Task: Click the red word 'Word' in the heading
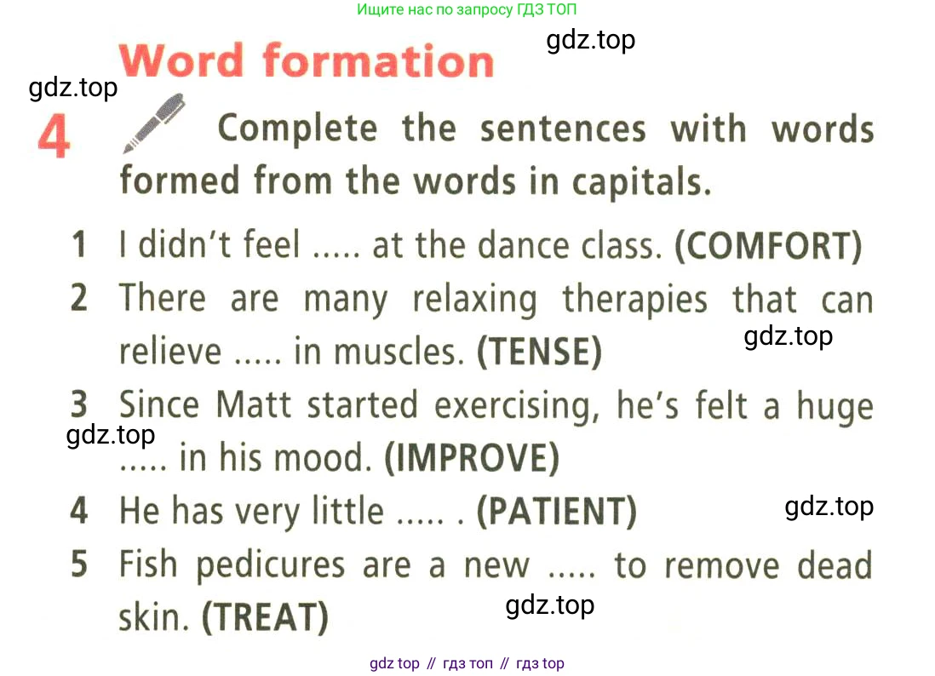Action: coord(182,60)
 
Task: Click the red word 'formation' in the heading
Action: coord(379,60)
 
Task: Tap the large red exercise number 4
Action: coord(54,136)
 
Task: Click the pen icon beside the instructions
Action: coord(154,123)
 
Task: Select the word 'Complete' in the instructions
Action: coord(297,129)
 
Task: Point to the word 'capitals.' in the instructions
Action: coord(642,182)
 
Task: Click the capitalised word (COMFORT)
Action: coord(769,245)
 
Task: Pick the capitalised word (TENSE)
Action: coord(540,352)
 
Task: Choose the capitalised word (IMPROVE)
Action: coord(473,458)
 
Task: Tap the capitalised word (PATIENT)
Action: coord(557,511)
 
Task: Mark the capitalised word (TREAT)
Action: coord(266,617)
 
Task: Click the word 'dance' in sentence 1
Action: coord(524,245)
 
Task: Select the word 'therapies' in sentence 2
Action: coord(635,300)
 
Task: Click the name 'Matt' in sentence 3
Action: coord(254,405)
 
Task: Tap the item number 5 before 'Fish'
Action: coord(79,564)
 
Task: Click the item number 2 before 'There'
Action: coord(79,298)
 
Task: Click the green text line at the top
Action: coord(467,9)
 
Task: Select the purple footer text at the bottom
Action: coord(467,663)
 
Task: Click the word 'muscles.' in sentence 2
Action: coord(399,352)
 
